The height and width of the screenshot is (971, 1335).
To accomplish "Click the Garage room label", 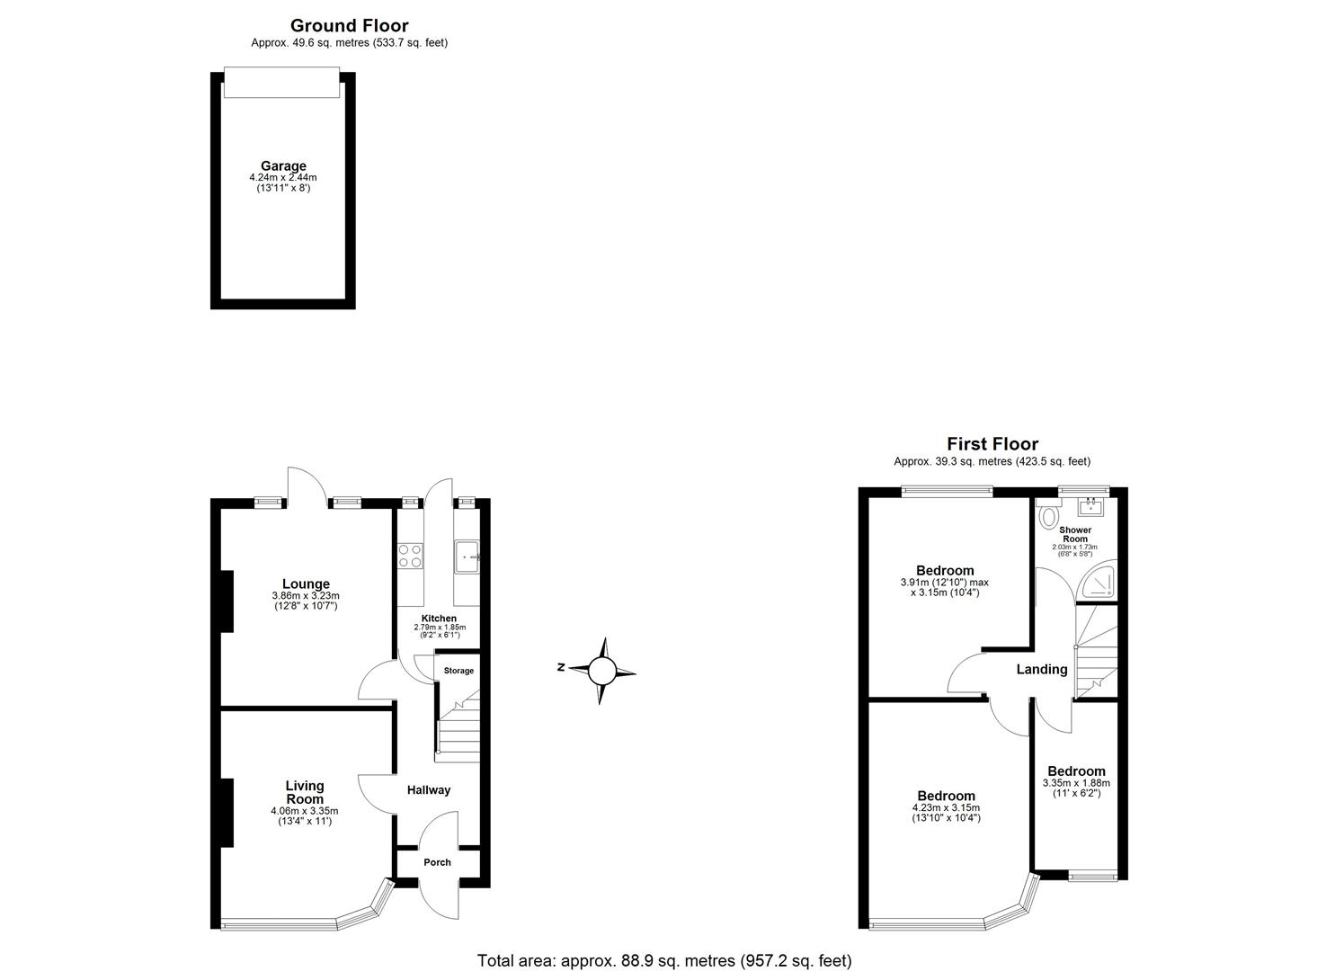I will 283,166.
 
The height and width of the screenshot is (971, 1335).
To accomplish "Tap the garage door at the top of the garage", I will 281,83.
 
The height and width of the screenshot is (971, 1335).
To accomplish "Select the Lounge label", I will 306,584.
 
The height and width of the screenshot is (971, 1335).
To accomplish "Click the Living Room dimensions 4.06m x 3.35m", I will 305,811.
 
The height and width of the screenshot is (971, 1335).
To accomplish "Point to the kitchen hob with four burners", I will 410,557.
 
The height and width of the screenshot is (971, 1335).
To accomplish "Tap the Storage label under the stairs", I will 458,671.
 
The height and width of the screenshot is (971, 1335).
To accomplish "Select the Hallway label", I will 429,790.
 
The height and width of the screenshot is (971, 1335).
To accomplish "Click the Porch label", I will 437,862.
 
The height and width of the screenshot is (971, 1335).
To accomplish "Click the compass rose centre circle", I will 602,671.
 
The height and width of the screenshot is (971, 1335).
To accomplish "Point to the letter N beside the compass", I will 560,668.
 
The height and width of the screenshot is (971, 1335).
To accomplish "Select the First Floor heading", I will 992,444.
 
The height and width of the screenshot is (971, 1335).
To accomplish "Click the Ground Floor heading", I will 349,26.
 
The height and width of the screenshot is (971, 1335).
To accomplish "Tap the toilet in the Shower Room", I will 1047,517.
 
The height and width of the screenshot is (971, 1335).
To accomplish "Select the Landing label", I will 1041,669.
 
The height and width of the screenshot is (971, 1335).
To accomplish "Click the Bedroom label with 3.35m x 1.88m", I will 1076,771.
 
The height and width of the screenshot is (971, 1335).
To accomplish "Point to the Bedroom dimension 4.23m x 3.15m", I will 946,807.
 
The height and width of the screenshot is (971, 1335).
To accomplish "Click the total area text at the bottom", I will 663,960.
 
